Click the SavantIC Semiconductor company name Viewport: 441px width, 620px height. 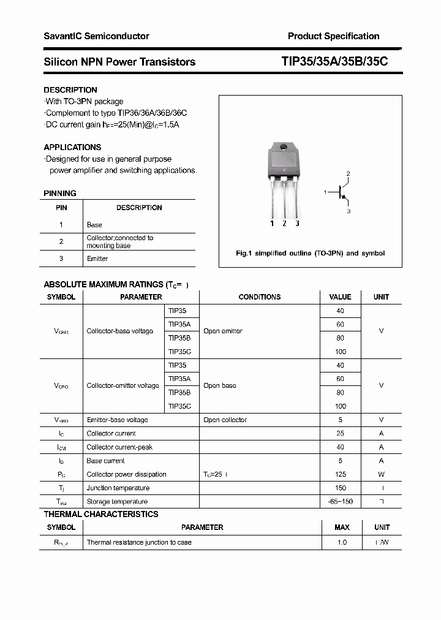pyautogui.click(x=96, y=36)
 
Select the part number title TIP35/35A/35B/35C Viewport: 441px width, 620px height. pyautogui.click(x=334, y=62)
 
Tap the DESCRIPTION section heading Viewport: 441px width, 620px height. pyautogui.click(x=70, y=90)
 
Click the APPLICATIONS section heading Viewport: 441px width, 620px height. pyautogui.click(x=72, y=147)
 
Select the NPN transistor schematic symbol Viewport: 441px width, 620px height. pyautogui.click(x=341, y=192)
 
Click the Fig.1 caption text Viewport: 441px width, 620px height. pyautogui.click(x=311, y=253)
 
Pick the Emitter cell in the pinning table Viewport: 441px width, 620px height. pyautogui.click(x=97, y=259)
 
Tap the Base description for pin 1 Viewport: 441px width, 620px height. pyautogui.click(x=94, y=225)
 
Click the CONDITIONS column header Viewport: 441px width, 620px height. pyautogui.click(x=259, y=297)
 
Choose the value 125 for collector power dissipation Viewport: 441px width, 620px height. pyautogui.click(x=341, y=474)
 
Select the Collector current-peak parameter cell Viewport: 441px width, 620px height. pyautogui.click(x=119, y=447)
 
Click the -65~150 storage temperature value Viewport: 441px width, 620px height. pyautogui.click(x=341, y=502)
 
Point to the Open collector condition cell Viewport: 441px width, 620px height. pyautogui.click(x=225, y=420)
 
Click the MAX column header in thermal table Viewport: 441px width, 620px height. pyautogui.click(x=342, y=527)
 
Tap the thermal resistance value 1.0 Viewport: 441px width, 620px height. pyautogui.click(x=342, y=542)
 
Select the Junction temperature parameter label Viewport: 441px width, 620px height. pyautogui.click(x=118, y=488)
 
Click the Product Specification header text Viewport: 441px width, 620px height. pyautogui.click(x=333, y=36)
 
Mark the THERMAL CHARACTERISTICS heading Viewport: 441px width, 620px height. pyautogui.click(x=100, y=514)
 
